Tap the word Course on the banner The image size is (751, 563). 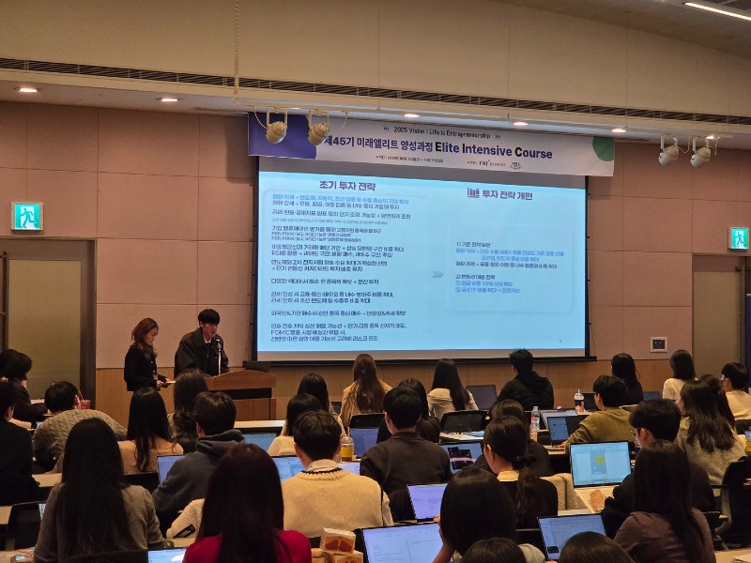pyautogui.click(x=529, y=152)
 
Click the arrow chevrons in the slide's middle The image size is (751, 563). pyautogui.click(x=437, y=274)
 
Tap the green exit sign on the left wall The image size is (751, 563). pyautogui.click(x=27, y=217)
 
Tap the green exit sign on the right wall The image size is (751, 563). pyautogui.click(x=739, y=238)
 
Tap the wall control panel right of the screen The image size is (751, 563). pyautogui.click(x=658, y=344)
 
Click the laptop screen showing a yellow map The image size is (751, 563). pyautogui.click(x=600, y=464)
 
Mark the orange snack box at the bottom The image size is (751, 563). pyautogui.click(x=337, y=543)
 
